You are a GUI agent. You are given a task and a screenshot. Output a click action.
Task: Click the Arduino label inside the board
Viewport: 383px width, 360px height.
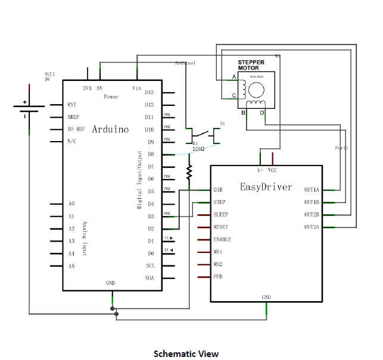click(110, 129)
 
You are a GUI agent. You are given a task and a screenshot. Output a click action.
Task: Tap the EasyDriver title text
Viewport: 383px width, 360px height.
click(266, 187)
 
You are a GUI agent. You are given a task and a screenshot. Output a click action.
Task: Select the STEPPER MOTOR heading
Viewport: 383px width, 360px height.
click(251, 65)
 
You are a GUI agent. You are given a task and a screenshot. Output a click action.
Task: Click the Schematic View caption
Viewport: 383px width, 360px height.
click(186, 353)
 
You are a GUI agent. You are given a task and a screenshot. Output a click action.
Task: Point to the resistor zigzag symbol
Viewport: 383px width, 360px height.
click(189, 172)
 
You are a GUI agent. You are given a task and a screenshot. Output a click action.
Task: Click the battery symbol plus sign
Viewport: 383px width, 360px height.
click(25, 102)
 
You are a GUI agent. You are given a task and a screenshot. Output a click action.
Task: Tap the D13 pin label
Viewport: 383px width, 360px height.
click(149, 92)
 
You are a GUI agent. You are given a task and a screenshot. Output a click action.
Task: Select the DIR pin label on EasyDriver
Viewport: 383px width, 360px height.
click(218, 190)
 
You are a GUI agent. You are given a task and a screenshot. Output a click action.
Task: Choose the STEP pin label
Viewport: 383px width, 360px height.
click(219, 202)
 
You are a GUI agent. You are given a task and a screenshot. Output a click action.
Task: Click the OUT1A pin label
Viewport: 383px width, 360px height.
click(312, 190)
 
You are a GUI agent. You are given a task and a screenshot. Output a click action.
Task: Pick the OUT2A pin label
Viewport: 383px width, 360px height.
click(312, 227)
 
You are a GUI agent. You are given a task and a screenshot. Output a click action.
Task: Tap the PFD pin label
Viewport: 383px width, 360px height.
click(218, 277)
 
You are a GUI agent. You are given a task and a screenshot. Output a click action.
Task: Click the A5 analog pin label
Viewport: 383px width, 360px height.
click(71, 266)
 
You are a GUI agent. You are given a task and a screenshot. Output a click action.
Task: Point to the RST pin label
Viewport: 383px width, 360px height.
click(72, 104)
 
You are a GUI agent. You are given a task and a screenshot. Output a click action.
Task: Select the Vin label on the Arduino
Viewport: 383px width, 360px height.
click(137, 88)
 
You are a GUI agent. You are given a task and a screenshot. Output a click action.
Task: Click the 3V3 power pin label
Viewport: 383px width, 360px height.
click(88, 88)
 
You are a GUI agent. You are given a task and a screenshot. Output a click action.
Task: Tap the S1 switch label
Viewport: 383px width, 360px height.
click(223, 124)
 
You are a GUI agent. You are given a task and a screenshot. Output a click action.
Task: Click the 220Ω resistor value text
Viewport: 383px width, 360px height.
click(198, 149)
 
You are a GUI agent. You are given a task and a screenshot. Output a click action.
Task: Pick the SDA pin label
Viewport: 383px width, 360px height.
click(150, 278)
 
